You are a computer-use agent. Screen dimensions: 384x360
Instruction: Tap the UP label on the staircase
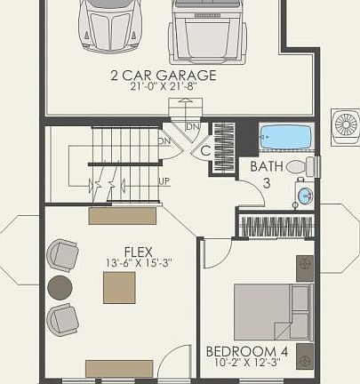tap(164, 180)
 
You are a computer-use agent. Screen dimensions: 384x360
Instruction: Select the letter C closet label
tap(205, 151)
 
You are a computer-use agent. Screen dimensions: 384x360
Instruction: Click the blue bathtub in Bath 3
tap(286, 137)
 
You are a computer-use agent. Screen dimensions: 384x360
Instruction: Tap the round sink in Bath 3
tap(304, 196)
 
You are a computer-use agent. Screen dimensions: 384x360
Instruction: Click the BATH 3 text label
tap(267, 174)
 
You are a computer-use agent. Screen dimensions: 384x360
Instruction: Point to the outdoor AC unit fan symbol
tap(345, 124)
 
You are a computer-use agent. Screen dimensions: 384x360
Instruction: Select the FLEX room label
tap(139, 251)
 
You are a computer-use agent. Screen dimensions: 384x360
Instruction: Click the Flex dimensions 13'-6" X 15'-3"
tap(139, 263)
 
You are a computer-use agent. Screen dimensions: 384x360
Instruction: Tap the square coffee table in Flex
tap(119, 288)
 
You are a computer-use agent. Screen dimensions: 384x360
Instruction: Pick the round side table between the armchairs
tap(60, 287)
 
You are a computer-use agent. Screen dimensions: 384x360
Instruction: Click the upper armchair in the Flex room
tap(62, 255)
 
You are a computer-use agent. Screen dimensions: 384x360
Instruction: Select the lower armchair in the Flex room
tap(63, 318)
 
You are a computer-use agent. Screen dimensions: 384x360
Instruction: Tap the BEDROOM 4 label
tap(252, 350)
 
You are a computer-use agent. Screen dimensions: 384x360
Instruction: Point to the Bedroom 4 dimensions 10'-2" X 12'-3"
tap(252, 363)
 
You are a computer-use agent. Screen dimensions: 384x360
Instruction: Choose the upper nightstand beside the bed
tap(305, 264)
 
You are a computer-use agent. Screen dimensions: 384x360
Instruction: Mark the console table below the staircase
tap(124, 215)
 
